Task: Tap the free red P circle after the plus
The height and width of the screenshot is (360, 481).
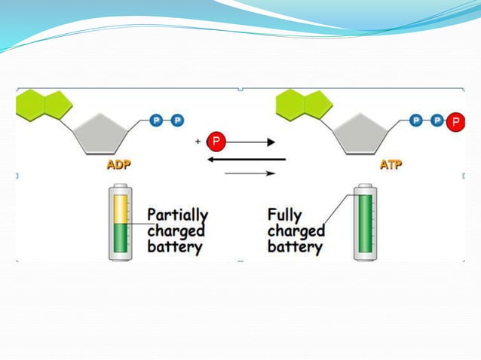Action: (x=216, y=141)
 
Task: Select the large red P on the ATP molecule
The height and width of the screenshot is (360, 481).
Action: (x=455, y=121)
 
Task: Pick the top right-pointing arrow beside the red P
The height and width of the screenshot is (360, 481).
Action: (x=250, y=142)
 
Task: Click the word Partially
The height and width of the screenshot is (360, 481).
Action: (x=177, y=214)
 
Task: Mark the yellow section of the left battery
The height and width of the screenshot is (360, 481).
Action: (x=120, y=209)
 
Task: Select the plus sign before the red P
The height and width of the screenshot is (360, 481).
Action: (x=198, y=141)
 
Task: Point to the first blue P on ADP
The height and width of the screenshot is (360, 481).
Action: (x=157, y=120)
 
